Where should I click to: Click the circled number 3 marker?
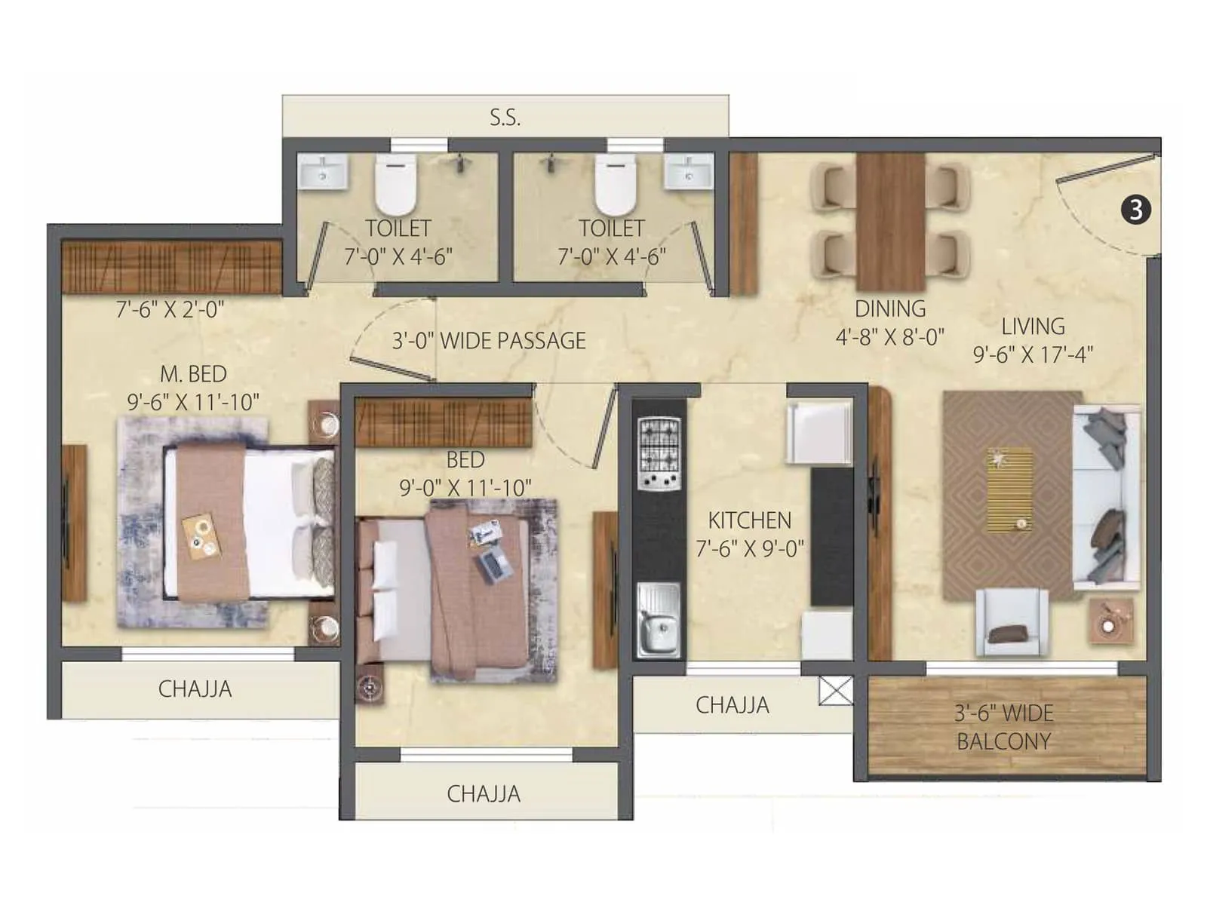point(1136,209)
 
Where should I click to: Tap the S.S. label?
point(505,118)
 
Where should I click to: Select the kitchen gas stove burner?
point(659,455)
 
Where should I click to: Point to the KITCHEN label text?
point(749,520)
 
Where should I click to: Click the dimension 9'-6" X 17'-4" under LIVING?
point(1033,354)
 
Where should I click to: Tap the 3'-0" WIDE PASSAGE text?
point(489,341)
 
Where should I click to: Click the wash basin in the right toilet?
point(688,172)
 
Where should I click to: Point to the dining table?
point(890,222)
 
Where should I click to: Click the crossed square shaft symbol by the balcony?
point(836,691)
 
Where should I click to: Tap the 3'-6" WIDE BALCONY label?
point(1003,727)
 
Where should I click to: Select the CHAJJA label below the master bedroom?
point(195,689)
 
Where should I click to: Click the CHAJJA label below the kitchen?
point(732,705)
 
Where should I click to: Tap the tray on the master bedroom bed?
point(201,536)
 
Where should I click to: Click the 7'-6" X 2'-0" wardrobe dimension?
point(170,309)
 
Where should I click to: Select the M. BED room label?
point(193,374)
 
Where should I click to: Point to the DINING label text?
point(890,308)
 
